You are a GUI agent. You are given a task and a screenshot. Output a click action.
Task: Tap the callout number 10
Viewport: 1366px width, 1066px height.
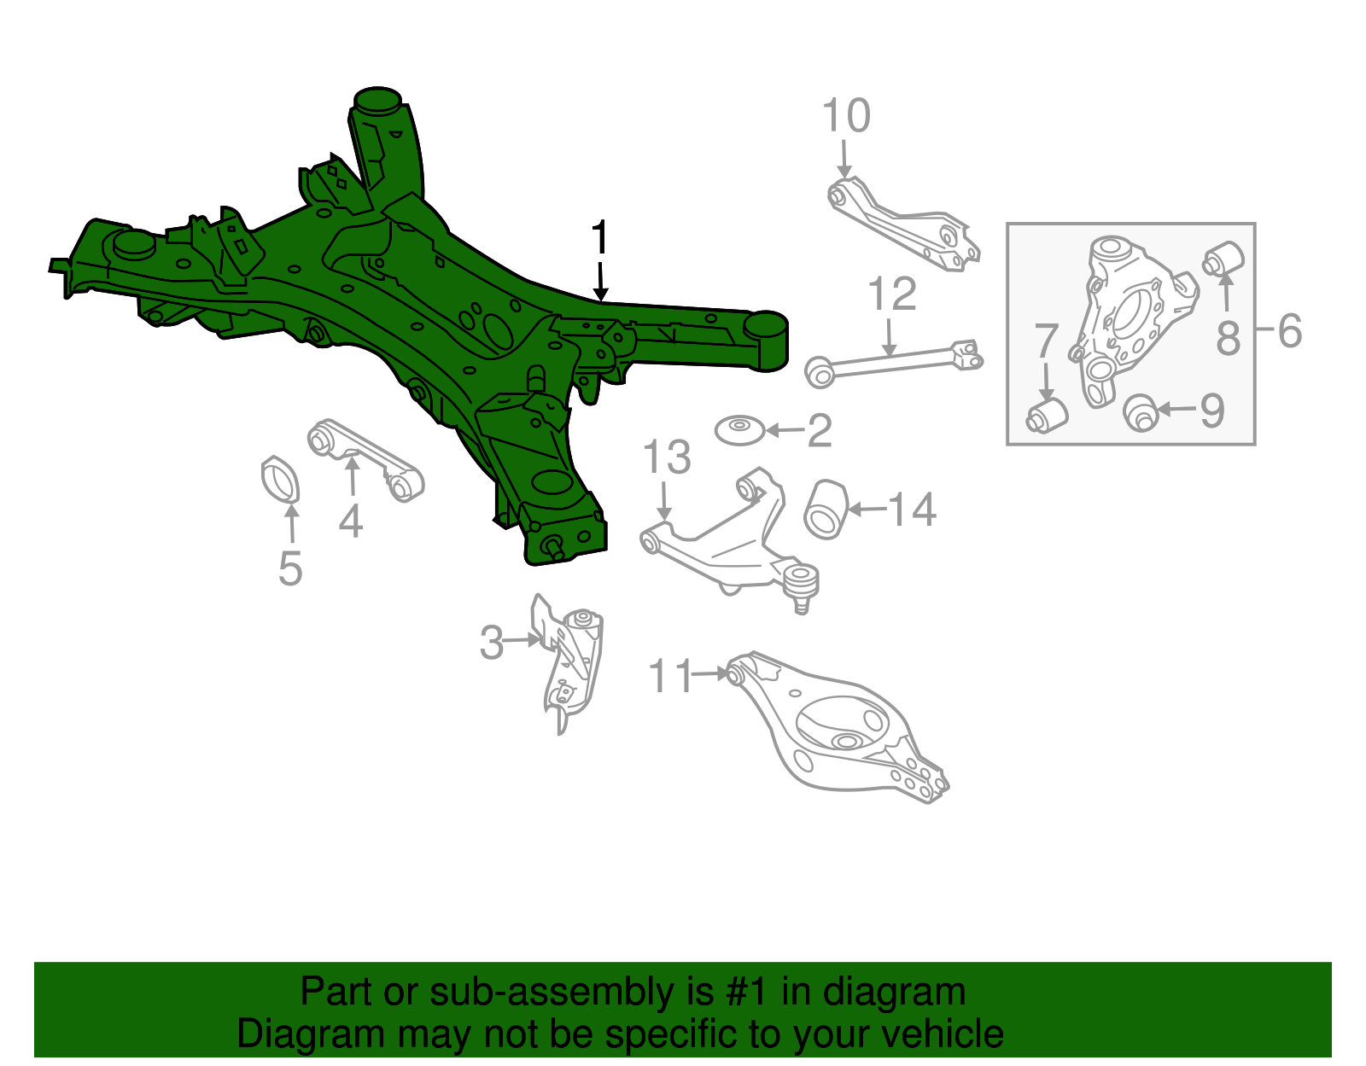[x=846, y=116]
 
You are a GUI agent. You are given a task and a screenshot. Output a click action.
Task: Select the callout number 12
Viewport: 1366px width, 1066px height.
[x=891, y=294]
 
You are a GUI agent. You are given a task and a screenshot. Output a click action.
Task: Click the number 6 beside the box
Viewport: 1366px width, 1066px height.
[x=1289, y=331]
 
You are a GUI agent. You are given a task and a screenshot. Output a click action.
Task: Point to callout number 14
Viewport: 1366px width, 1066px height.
[x=912, y=510]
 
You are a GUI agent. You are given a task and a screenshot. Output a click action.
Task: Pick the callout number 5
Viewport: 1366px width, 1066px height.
[x=290, y=568]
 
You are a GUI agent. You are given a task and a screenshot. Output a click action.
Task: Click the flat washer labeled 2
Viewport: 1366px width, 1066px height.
[x=739, y=430]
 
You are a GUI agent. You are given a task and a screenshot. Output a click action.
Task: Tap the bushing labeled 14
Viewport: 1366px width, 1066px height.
[x=825, y=510]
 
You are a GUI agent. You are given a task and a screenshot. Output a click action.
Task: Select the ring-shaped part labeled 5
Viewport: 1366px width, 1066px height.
[x=280, y=481]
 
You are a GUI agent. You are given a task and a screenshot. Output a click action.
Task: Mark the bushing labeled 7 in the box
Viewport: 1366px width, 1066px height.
[x=1047, y=414]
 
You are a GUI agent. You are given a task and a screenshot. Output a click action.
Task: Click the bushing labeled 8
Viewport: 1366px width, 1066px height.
[x=1224, y=258]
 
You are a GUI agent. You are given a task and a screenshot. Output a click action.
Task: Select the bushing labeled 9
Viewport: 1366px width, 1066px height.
[x=1140, y=412]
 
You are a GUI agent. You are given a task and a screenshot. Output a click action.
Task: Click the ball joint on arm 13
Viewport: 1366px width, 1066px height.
[x=800, y=581]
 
